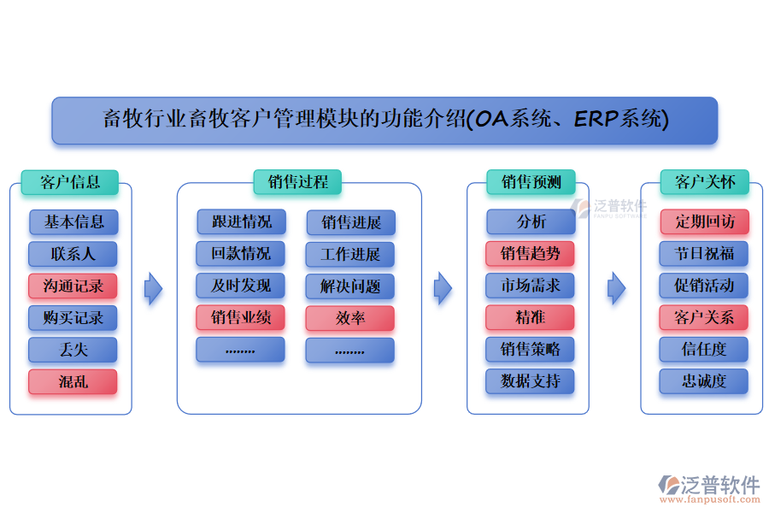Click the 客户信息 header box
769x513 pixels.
70,182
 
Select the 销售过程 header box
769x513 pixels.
297,182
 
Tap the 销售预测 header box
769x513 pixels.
531,182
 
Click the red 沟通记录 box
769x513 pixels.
73,286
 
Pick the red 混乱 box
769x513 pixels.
73,382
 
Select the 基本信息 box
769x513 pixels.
73,222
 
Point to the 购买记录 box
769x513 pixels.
73,318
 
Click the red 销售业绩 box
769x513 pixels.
241,318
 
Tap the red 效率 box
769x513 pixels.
350,318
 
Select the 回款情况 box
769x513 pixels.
241,254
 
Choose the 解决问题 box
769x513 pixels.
350,286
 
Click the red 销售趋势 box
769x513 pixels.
531,254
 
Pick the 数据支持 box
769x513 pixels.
531,381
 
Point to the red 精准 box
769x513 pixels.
531,318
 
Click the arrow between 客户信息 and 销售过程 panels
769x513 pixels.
153,289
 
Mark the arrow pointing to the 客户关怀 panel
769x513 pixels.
616,289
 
